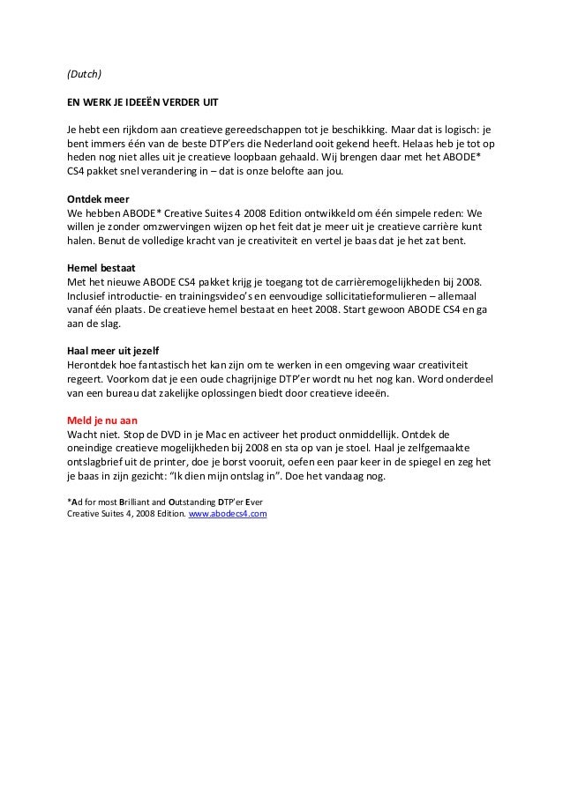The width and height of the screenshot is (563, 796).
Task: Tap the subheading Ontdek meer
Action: [x=98, y=199]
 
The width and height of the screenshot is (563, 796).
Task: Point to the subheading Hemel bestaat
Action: [x=103, y=268]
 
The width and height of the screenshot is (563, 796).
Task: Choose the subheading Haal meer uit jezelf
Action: [x=114, y=350]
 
